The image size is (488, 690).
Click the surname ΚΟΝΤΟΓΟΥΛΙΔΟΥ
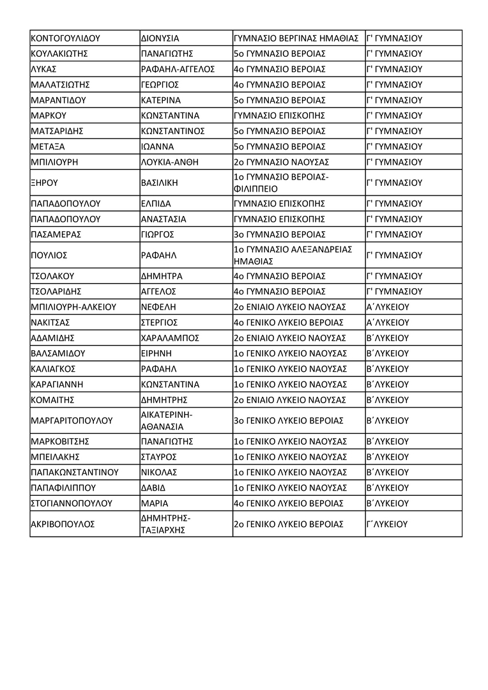click(66, 38)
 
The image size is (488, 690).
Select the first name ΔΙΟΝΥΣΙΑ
click(160, 38)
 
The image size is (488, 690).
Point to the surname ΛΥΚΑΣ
click(43, 69)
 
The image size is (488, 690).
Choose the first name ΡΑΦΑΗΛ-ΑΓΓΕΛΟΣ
click(178, 69)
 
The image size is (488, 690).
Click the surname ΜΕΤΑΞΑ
click(48, 146)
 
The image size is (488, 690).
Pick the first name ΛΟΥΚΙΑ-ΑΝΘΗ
click(169, 162)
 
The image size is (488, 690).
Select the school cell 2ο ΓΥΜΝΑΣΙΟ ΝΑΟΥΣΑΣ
click(282, 162)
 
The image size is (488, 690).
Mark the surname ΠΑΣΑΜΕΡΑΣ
click(56, 234)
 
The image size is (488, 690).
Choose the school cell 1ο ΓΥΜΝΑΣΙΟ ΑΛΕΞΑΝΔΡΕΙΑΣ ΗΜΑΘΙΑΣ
click(293, 255)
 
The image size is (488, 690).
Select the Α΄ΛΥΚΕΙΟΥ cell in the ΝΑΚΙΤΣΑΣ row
click(388, 322)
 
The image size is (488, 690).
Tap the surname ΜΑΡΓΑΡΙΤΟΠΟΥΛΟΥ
click(72, 420)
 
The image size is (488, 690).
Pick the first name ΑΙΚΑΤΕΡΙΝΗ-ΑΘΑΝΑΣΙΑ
click(166, 420)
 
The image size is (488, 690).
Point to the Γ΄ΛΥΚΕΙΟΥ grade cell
click(388, 524)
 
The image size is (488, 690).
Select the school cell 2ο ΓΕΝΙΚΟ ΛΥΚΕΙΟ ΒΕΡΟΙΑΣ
click(289, 524)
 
